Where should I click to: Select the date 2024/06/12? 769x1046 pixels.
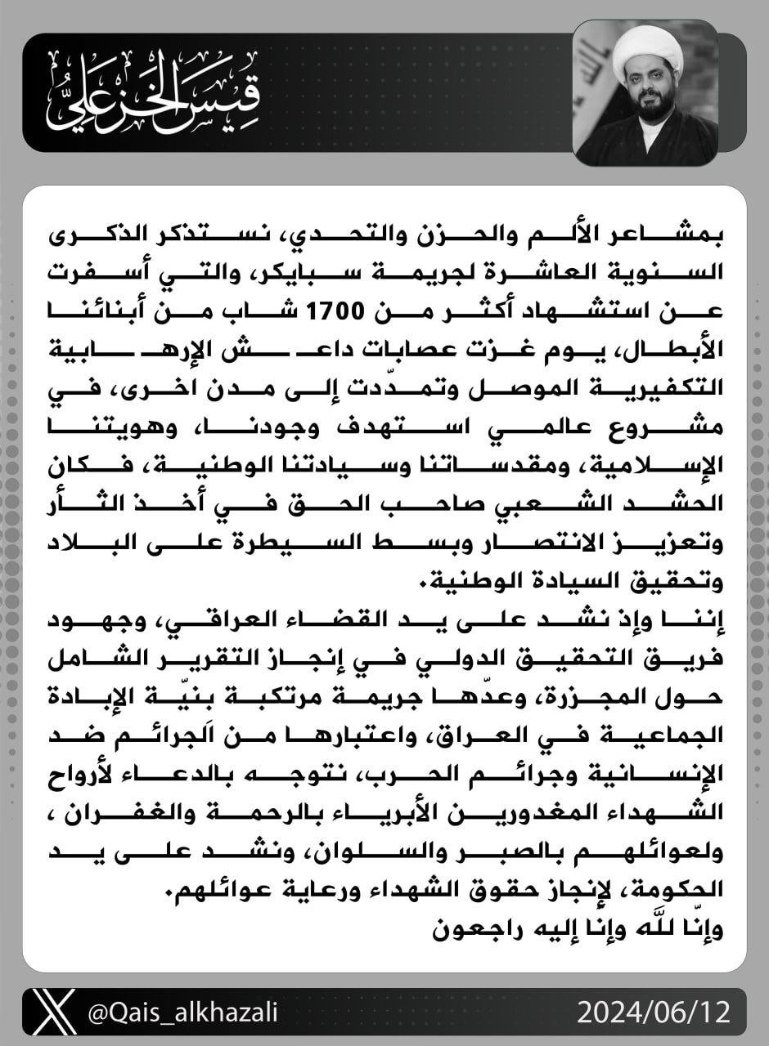click(x=652, y=1012)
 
